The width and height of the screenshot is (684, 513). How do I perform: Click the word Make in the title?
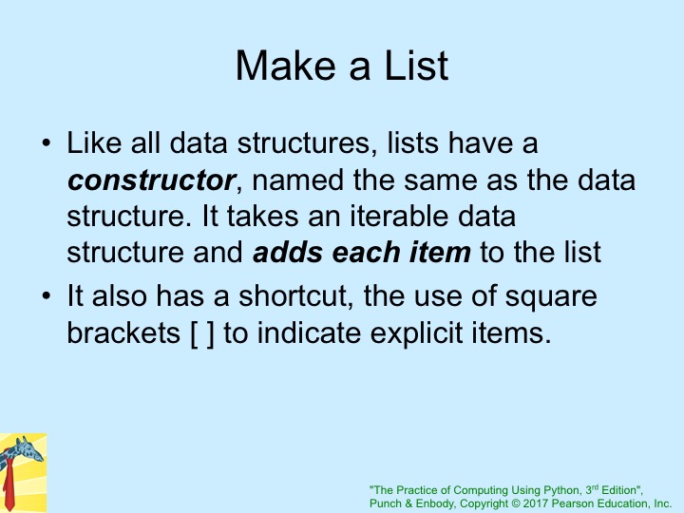[x=287, y=66]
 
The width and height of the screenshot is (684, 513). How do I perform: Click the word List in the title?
[x=416, y=66]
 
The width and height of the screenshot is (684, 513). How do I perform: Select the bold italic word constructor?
[x=151, y=180]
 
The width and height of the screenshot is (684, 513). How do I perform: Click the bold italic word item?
[x=440, y=252]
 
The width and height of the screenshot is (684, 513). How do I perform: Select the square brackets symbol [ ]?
[x=202, y=333]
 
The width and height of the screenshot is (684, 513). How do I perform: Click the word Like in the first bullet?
[x=94, y=142]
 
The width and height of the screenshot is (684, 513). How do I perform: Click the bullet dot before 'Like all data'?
[x=47, y=143]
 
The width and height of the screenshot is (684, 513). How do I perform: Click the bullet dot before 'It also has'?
[x=47, y=295]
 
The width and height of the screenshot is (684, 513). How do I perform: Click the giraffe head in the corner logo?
[x=27, y=449]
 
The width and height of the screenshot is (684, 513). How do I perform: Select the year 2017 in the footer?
[x=536, y=503]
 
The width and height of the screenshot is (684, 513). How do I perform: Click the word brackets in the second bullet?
[x=123, y=333]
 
